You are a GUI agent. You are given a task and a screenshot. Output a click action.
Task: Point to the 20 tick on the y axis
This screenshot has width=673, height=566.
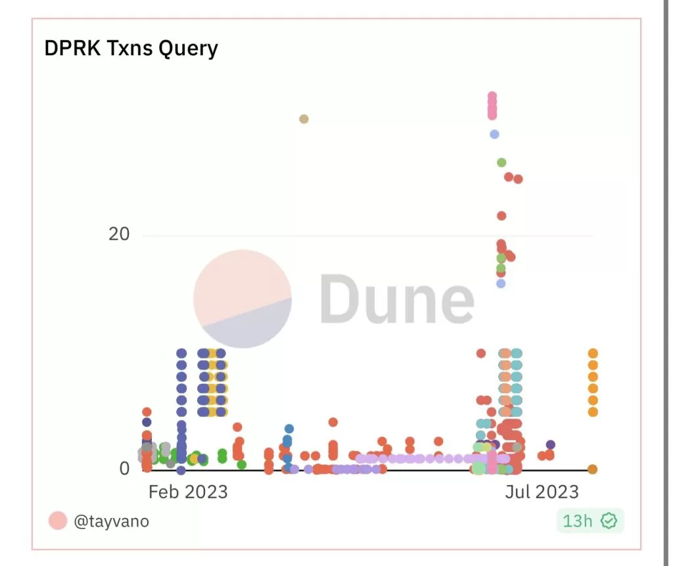point(119,234)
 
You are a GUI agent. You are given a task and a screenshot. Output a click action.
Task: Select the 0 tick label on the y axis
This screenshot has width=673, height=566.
point(124,469)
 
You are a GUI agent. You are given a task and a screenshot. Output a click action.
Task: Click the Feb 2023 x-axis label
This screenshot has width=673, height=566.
point(187,492)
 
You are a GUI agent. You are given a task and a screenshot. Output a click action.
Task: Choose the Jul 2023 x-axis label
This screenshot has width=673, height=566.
point(542,492)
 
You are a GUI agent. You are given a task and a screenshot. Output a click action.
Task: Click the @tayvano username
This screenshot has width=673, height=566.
point(111,521)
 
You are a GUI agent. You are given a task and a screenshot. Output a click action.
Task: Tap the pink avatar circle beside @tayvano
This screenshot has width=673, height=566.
point(58,521)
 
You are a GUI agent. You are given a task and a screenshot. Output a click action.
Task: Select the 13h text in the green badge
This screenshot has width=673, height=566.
point(578,521)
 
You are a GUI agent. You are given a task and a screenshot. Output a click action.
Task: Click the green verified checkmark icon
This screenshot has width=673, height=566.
point(609,521)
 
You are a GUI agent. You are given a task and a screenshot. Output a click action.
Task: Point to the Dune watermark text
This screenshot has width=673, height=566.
point(397,299)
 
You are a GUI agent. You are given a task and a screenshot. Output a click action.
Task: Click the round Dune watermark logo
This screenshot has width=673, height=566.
point(243,298)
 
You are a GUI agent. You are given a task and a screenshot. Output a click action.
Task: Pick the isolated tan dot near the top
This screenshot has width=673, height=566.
point(304,119)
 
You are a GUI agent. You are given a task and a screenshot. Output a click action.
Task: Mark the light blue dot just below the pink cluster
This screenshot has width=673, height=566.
point(494,134)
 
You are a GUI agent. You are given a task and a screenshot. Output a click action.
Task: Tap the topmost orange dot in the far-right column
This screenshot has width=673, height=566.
point(593,354)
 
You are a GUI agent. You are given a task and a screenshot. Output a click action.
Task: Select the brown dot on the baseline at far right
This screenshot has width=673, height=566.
point(592,469)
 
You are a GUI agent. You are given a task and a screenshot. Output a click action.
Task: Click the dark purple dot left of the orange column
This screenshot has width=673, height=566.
point(551,445)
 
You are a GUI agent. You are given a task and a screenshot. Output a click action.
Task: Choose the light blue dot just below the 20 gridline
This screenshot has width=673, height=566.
point(501,283)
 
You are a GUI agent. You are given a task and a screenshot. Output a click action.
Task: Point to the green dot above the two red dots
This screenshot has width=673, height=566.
point(501,162)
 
